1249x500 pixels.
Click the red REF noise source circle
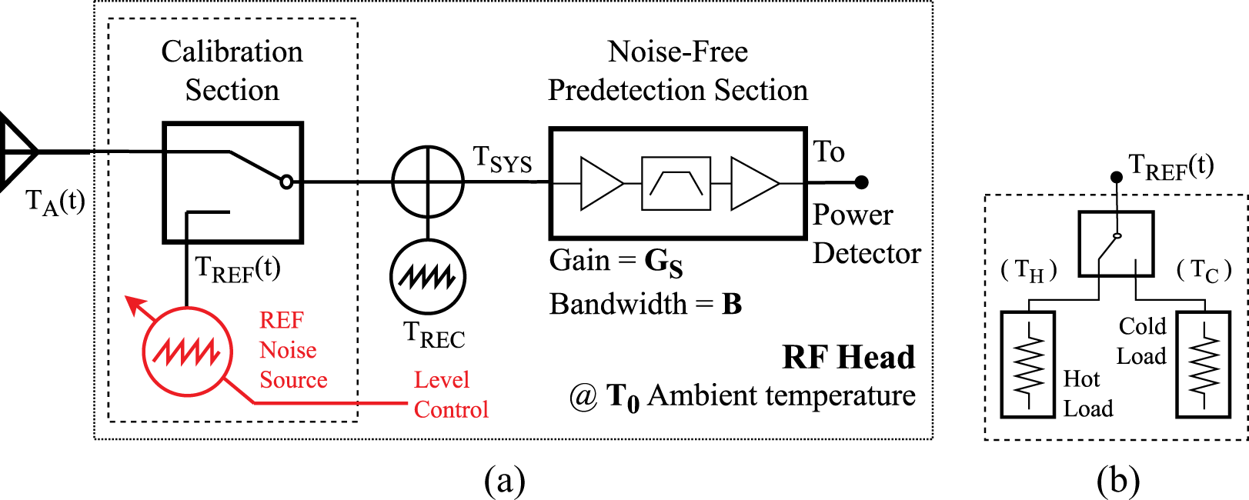(x=187, y=352)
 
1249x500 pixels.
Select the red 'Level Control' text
(x=450, y=395)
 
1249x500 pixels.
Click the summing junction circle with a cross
(x=428, y=182)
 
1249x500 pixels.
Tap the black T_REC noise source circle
(x=428, y=277)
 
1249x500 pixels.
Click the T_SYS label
(x=502, y=159)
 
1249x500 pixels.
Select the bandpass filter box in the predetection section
(x=676, y=183)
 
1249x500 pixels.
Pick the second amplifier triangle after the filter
(x=752, y=183)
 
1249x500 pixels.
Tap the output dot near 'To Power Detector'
(x=862, y=182)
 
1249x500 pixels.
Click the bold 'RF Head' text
(x=848, y=358)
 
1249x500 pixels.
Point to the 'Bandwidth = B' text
(x=645, y=305)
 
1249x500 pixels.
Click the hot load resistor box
(x=1027, y=364)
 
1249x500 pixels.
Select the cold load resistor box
(x=1203, y=364)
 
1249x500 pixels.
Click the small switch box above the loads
(x=1115, y=244)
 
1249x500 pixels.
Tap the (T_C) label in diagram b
(x=1204, y=270)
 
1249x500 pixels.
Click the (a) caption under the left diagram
(x=505, y=481)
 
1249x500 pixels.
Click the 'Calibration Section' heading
(x=232, y=71)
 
